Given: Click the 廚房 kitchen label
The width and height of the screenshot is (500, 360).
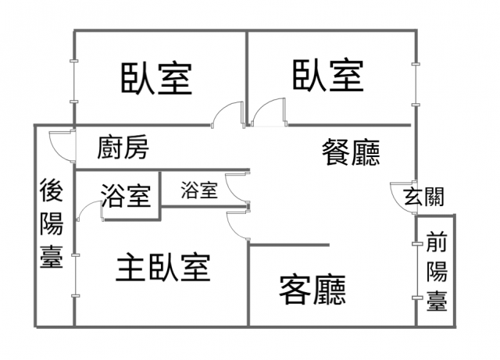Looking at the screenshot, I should [x=123, y=147].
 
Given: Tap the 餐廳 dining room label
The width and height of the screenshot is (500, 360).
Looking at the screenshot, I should [x=351, y=151].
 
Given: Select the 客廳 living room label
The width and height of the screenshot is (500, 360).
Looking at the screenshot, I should [x=312, y=290].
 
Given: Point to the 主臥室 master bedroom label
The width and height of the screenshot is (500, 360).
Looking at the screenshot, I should [x=162, y=268].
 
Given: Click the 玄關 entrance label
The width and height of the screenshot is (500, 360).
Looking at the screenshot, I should [x=424, y=196].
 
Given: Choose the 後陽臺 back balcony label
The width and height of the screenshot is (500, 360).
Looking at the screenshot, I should [x=52, y=224].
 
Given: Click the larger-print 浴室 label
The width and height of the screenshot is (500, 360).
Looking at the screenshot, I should [x=125, y=195].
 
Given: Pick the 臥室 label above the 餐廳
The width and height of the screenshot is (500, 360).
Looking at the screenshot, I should [x=328, y=76].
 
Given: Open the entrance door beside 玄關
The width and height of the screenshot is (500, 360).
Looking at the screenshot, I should [x=400, y=195].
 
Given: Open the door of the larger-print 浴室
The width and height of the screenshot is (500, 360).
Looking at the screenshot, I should [x=88, y=212].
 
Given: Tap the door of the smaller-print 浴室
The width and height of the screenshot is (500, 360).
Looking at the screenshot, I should [x=237, y=187].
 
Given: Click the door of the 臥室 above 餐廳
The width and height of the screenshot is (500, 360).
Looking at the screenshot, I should [x=265, y=112].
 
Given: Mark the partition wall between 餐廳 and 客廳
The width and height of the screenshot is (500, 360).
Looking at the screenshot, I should [x=288, y=244].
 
